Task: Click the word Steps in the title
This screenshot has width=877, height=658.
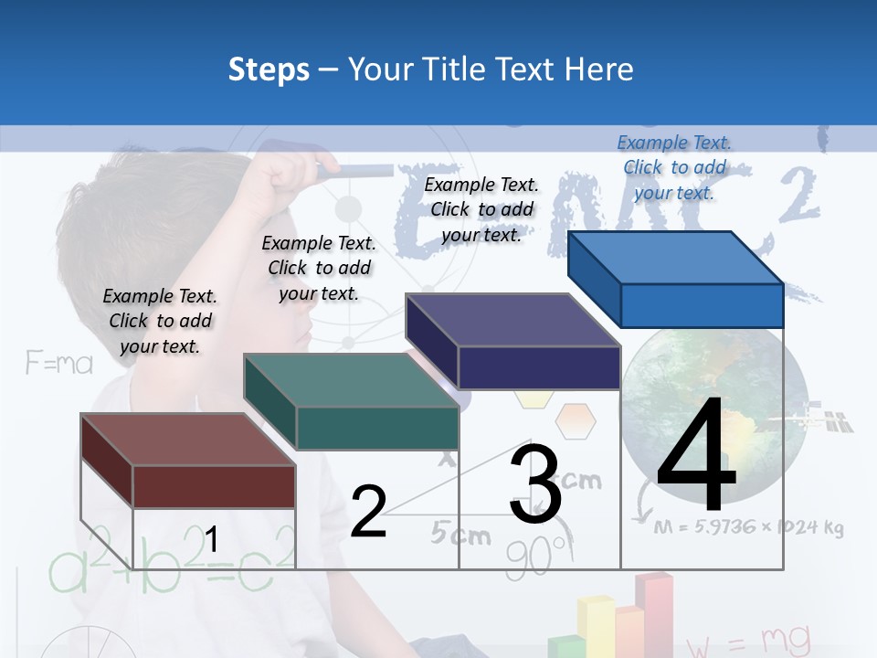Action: pos(269,69)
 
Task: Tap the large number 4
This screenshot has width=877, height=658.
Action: pos(696,457)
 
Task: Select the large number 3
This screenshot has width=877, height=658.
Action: pos(535,484)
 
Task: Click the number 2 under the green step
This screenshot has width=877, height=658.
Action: pos(368,512)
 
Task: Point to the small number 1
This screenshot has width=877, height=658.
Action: pos(211,539)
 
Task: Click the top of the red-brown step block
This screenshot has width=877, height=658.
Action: pos(187,439)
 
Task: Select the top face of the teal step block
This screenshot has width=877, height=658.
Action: pos(351,379)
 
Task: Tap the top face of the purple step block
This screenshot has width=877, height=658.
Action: pos(512,320)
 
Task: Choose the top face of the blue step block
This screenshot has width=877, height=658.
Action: pos(676,258)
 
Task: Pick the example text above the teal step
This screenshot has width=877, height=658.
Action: pos(319,268)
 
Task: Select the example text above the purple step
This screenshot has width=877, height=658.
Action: pos(481,209)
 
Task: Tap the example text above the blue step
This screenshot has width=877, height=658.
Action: pos(674,167)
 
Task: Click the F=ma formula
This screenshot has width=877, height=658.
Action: pos(59,364)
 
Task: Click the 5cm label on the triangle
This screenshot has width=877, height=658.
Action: pos(460,535)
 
